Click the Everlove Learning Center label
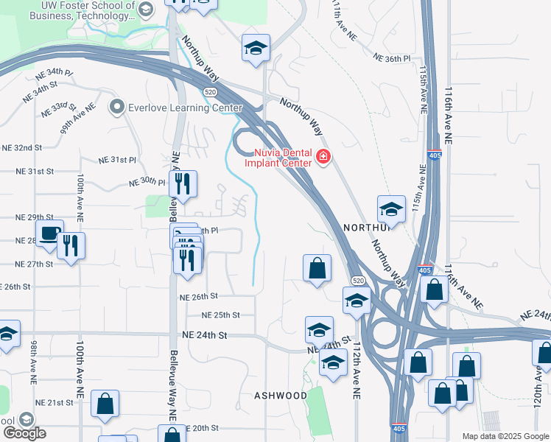coord(184,108)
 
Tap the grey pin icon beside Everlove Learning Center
coord(116,108)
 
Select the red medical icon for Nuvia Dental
coord(323,156)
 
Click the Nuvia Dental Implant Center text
coord(277,157)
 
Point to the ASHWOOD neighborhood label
coord(281,396)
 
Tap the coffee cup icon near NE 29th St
coord(49,234)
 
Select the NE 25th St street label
coord(222,315)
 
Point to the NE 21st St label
coord(55,403)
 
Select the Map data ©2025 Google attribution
coord(505,436)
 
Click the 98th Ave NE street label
coord(34,364)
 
